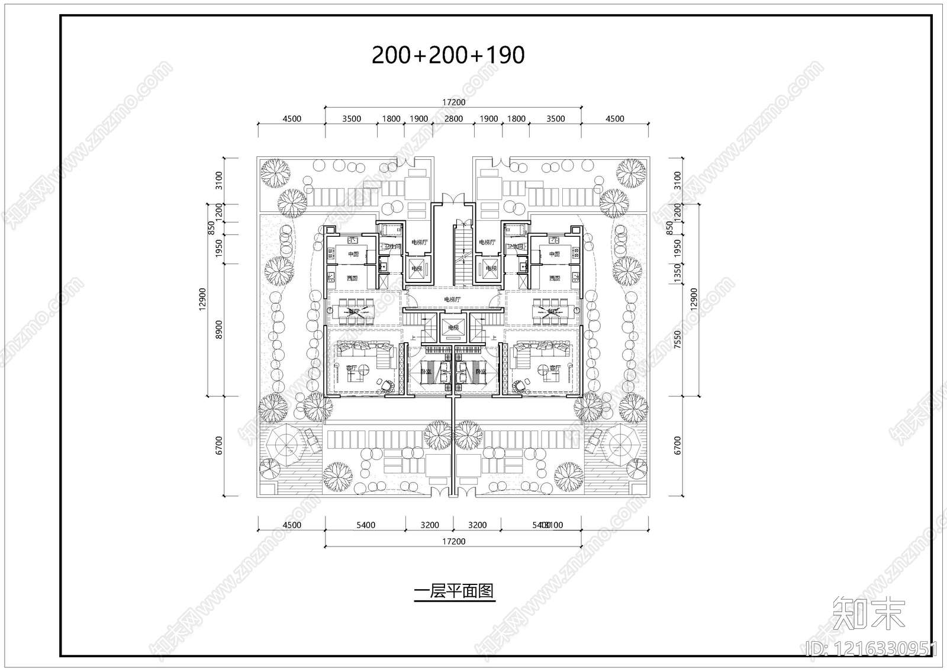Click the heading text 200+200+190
448,55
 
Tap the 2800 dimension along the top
453,118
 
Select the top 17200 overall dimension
453,102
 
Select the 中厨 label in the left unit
353,255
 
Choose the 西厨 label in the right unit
554,278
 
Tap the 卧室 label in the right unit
480,371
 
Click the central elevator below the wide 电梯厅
453,327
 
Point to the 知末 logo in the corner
869,613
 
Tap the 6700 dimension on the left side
218,445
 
